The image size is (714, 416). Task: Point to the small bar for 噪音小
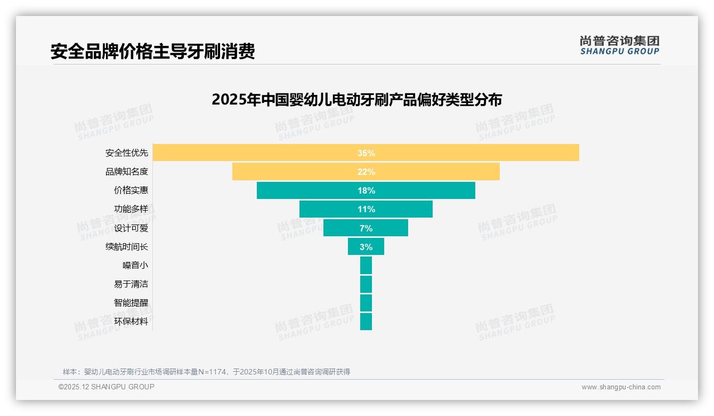(x=366, y=266)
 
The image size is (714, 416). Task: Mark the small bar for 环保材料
(x=366, y=322)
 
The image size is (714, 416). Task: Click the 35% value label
(x=366, y=153)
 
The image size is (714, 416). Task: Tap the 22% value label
(x=366, y=172)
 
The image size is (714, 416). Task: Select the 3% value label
(x=366, y=247)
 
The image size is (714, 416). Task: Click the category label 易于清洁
(x=131, y=284)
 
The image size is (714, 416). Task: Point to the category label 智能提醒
(x=131, y=303)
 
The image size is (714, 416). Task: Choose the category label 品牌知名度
(x=127, y=172)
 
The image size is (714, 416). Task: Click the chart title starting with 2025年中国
(x=356, y=100)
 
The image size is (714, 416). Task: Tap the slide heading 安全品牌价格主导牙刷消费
(x=152, y=51)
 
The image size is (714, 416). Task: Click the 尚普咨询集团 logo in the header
(x=619, y=45)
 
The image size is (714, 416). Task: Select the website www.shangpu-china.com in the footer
(x=621, y=387)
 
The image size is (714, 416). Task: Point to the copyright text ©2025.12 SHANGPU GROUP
(x=107, y=387)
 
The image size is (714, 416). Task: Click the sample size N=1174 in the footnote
(x=213, y=372)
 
